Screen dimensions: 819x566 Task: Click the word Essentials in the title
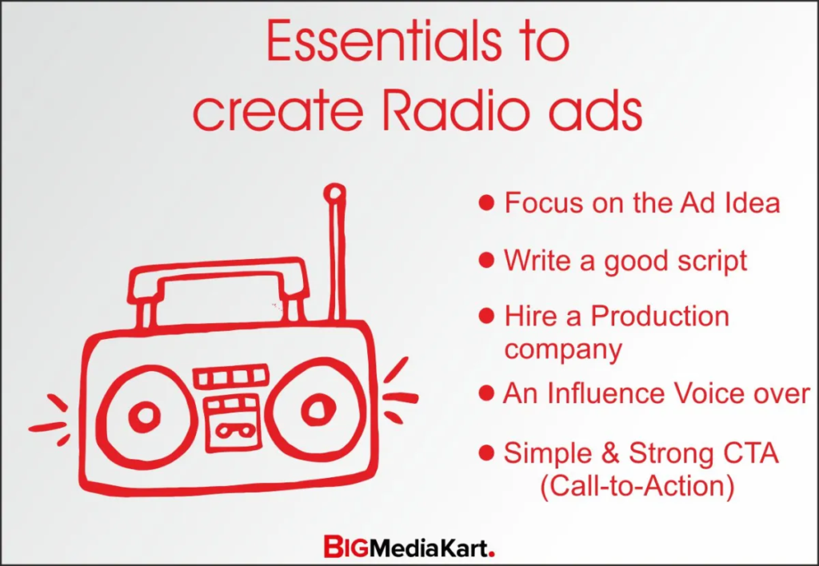[x=384, y=42]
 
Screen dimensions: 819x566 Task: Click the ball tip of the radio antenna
[x=334, y=193]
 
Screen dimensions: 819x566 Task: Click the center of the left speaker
[x=145, y=417]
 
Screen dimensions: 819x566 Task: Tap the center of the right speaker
[x=318, y=408]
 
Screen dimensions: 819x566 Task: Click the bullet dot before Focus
[x=486, y=202]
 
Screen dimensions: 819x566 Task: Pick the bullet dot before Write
[x=486, y=260]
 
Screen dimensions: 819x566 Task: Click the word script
[x=712, y=261]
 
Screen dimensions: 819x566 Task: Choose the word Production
[x=660, y=316]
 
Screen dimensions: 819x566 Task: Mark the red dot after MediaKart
[x=491, y=553]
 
